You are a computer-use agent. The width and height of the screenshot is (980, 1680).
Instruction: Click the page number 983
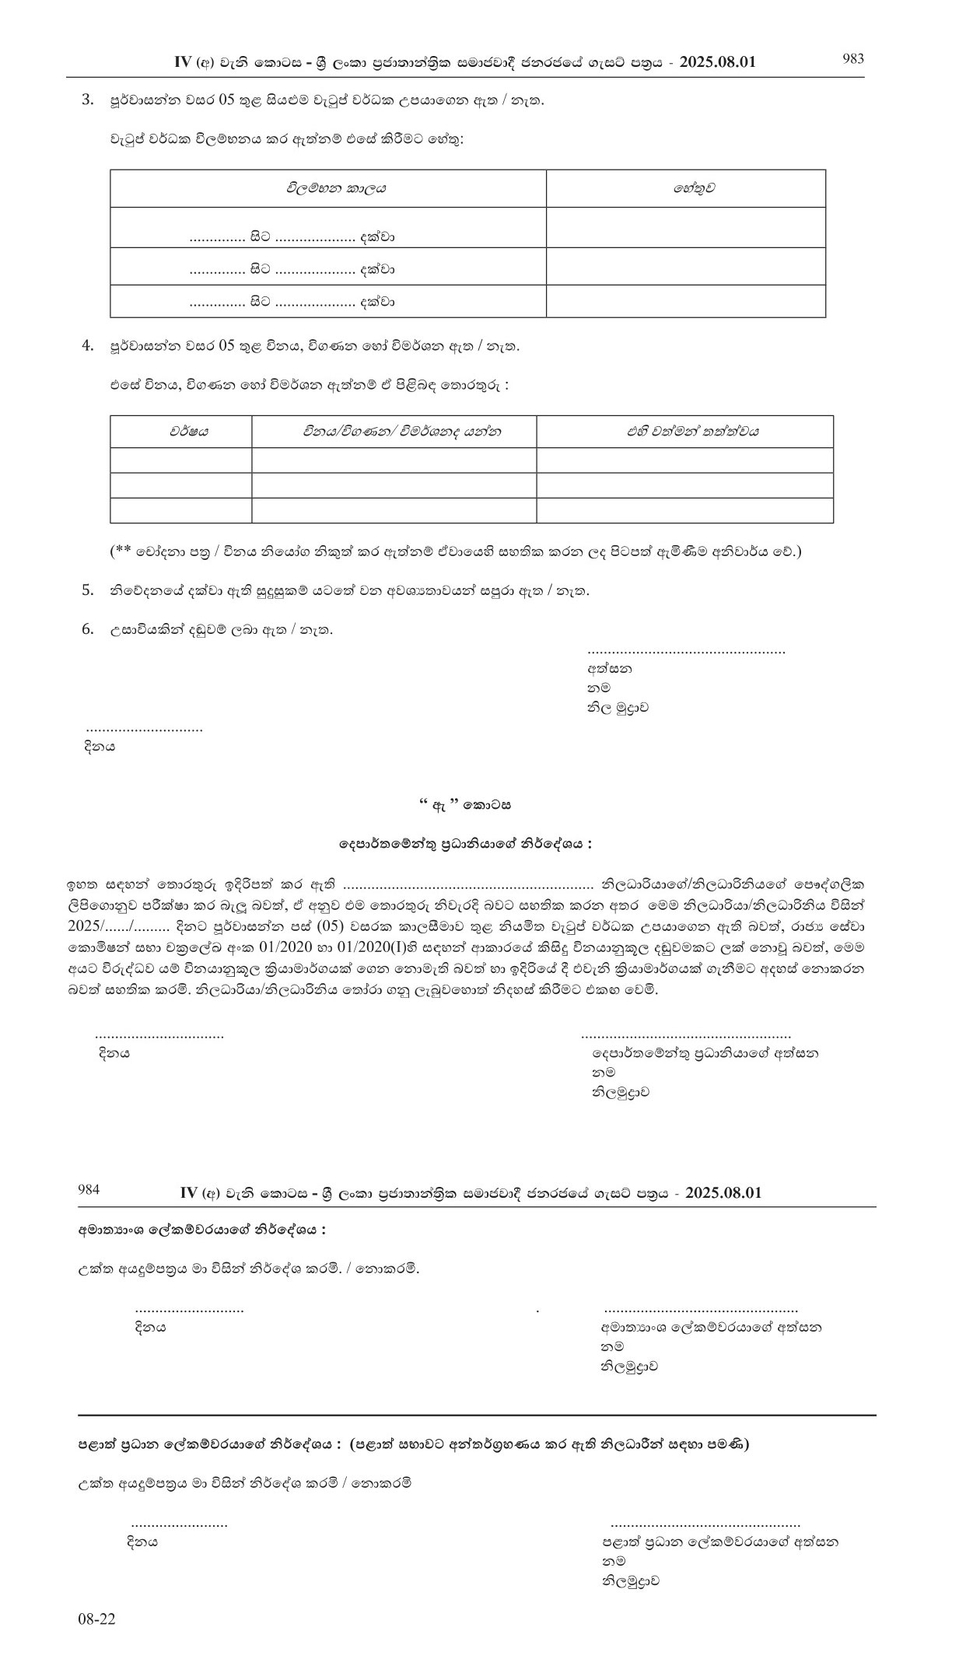point(853,59)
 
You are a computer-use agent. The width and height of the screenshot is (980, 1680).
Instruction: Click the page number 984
point(89,1189)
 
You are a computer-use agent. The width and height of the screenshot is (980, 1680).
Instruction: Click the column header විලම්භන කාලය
point(336,188)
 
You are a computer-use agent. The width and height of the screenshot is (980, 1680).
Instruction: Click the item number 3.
point(88,100)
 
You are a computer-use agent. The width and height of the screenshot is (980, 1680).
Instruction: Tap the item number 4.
point(88,346)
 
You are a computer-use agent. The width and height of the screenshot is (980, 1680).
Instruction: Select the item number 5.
point(88,590)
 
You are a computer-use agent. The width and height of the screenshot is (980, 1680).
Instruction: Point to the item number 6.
point(88,629)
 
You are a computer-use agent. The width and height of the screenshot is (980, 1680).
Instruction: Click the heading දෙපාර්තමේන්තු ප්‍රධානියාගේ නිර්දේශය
point(465,843)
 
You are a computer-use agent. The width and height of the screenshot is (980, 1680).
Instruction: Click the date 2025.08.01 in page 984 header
point(723,1193)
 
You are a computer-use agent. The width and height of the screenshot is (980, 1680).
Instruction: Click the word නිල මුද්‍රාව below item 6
point(618,708)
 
